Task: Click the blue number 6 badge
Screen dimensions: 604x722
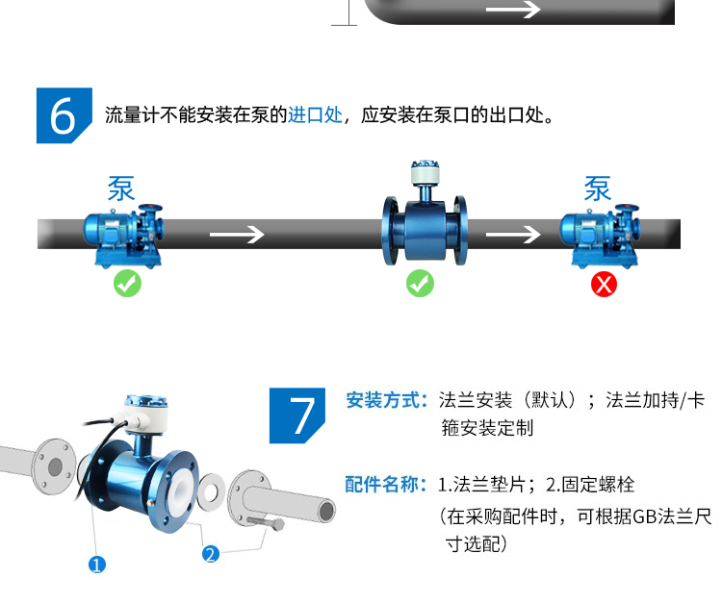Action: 64,116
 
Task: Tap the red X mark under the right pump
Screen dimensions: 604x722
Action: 604,284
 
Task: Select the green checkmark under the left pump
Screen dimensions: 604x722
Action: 127,284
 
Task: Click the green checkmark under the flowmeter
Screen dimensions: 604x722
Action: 420,284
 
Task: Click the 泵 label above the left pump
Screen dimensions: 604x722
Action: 121,189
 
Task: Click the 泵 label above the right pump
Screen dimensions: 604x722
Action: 598,189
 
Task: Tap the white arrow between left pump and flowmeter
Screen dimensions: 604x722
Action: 237,235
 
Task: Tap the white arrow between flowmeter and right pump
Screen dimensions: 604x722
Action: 512,235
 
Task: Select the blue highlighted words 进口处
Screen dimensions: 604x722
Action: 315,116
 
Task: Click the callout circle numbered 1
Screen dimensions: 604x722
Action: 96,565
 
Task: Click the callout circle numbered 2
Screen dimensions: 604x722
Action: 211,553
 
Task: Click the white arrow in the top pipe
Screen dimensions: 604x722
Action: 514,10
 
